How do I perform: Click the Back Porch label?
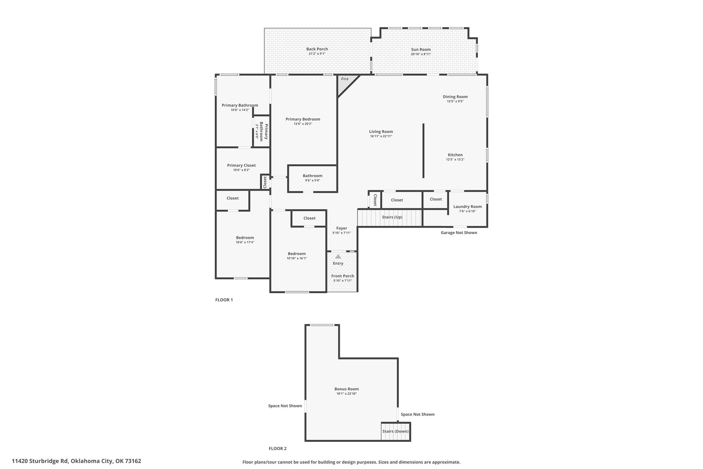pos(317,49)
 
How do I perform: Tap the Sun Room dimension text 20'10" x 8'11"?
pos(421,54)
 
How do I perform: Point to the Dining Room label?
pos(455,97)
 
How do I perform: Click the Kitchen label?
pos(455,155)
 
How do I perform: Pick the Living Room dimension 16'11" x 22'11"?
pos(381,136)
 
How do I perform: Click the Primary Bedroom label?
pos(303,119)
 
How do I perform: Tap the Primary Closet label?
pos(241,165)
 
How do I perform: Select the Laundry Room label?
pos(468,206)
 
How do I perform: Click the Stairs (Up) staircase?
pos(390,218)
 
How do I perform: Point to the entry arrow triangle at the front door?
pos(338,256)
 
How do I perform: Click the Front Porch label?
pos(343,276)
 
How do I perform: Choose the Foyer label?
pos(342,228)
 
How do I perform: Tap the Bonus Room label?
pos(347,389)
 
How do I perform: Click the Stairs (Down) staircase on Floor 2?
pos(396,432)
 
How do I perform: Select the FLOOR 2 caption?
pos(277,448)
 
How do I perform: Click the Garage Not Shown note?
pos(459,233)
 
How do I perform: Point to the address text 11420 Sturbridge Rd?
pos(40,461)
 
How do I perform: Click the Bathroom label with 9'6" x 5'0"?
pos(312,176)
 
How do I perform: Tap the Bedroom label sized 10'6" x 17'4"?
pos(245,237)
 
